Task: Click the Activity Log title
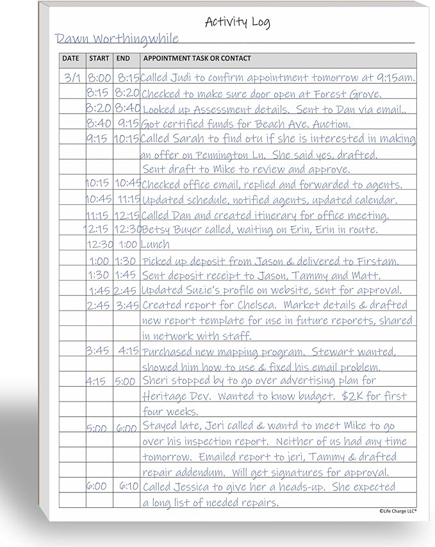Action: pyautogui.click(x=237, y=22)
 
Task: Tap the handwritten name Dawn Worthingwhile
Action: pyautogui.click(x=117, y=38)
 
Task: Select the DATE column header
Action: pyautogui.click(x=70, y=59)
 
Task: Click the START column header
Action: pyautogui.click(x=99, y=59)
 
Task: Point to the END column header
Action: pyautogui.click(x=123, y=59)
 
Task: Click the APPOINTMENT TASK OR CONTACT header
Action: pyautogui.click(x=197, y=59)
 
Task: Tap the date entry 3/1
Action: pyautogui.click(x=72, y=78)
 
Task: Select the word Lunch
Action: pyautogui.click(x=155, y=244)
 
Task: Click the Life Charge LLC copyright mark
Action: pyautogui.click(x=397, y=510)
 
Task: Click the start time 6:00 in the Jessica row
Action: pyautogui.click(x=97, y=486)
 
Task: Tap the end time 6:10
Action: pyautogui.click(x=128, y=486)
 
